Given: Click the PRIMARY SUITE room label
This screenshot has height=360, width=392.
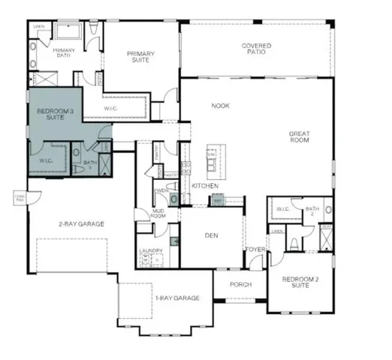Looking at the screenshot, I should pos(140,56).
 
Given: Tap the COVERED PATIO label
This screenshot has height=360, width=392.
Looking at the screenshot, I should pos(256,49).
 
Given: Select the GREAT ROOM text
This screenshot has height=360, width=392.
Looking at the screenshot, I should pos(300,138).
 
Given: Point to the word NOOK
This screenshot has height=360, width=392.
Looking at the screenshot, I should pos(220,106).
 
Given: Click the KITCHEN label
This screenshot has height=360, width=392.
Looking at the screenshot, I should pos(205,185).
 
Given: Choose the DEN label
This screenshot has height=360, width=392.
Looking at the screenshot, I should pos(211,235).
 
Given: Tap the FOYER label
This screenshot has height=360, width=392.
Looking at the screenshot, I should pos(255,249).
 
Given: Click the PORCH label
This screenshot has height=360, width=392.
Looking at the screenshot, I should pos(240,285).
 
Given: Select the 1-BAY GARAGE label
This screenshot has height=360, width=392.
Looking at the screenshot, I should pos(177,298).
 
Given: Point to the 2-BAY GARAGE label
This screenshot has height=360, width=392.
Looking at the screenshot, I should pos(81,223).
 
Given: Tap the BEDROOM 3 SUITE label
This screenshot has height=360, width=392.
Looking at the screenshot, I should pos(55,115).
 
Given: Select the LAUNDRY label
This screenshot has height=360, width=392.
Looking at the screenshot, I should pos(150,252).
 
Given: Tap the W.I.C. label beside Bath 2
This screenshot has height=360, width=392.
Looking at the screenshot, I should pos(283,208).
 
